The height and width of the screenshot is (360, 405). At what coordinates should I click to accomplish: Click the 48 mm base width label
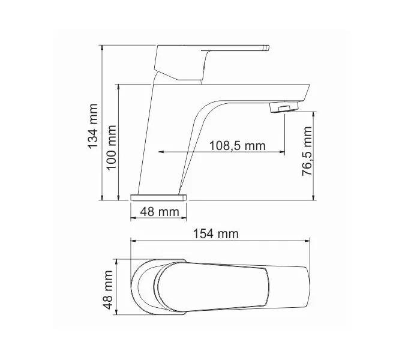(x=159, y=211)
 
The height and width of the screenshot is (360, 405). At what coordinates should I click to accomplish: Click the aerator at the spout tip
(x=284, y=108)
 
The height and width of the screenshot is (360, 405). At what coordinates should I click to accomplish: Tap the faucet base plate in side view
(x=158, y=196)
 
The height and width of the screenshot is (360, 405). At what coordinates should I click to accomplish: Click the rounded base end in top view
(x=139, y=288)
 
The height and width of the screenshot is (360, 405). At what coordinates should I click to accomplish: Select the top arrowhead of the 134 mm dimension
(x=102, y=47)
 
